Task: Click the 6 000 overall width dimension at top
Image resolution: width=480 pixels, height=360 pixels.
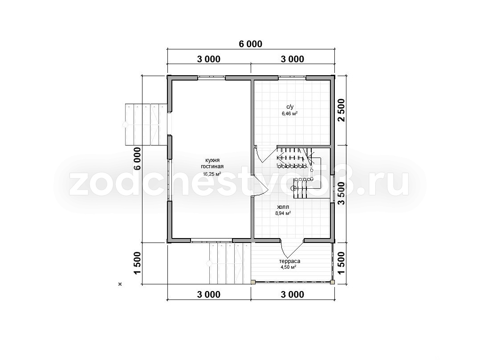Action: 250,44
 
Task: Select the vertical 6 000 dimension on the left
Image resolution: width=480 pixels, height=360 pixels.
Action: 138,159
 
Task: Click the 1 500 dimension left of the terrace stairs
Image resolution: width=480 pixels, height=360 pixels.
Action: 138,263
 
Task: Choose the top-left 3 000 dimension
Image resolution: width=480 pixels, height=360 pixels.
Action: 208,59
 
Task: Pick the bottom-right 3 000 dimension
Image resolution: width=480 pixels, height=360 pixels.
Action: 293,294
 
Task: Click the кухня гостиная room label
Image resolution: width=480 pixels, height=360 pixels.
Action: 212,164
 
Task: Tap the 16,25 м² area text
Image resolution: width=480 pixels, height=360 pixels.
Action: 212,174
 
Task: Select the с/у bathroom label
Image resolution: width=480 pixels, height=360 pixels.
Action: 290,107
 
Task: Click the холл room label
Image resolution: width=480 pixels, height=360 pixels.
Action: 283,207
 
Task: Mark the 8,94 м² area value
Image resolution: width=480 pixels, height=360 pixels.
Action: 283,213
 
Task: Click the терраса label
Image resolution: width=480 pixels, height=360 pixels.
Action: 289,261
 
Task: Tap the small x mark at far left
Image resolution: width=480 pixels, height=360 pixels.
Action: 120,284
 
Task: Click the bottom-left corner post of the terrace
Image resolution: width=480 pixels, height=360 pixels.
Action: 253,282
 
